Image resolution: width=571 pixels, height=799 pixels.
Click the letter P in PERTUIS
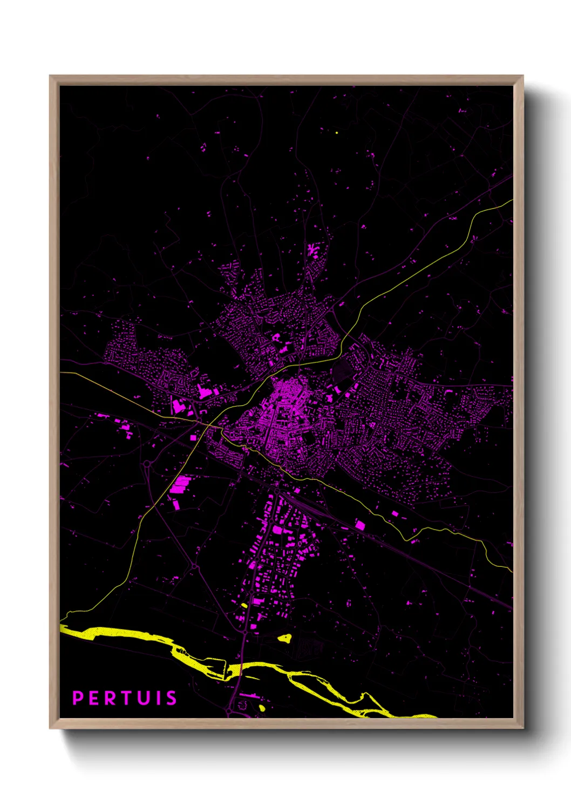point(78,698)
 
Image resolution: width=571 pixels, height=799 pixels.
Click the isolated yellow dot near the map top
point(336,132)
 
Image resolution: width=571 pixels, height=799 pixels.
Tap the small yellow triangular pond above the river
point(284,638)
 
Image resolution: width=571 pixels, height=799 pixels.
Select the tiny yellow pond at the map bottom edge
point(262,708)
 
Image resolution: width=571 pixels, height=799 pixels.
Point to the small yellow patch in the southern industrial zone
point(244,605)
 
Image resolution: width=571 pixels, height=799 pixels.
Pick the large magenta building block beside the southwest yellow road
point(180,484)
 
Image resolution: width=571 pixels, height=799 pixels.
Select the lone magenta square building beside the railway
point(359,524)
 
